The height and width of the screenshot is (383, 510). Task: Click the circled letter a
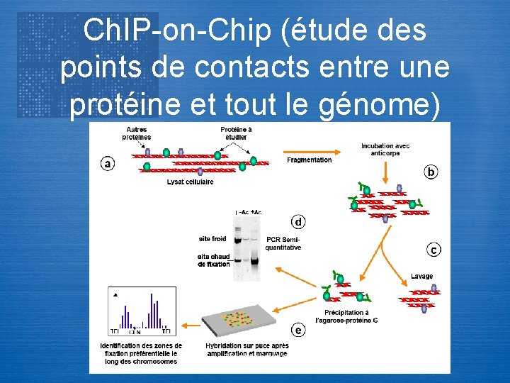coord(107,164)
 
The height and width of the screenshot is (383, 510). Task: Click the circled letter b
coord(431,172)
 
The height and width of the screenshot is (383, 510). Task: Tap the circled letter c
coord(433,249)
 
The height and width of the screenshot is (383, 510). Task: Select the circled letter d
coord(298,222)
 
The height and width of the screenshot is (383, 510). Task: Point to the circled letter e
coord(299,331)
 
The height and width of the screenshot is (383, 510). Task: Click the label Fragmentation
coord(309,160)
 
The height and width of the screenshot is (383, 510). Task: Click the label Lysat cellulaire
coord(190,182)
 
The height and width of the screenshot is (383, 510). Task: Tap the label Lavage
coord(421,276)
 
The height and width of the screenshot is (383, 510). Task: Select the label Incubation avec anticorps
coord(386,150)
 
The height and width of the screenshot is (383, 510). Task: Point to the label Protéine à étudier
coord(236,133)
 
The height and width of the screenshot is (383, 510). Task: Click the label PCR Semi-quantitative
coord(283,243)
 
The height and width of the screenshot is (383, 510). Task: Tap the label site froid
coord(212,238)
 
